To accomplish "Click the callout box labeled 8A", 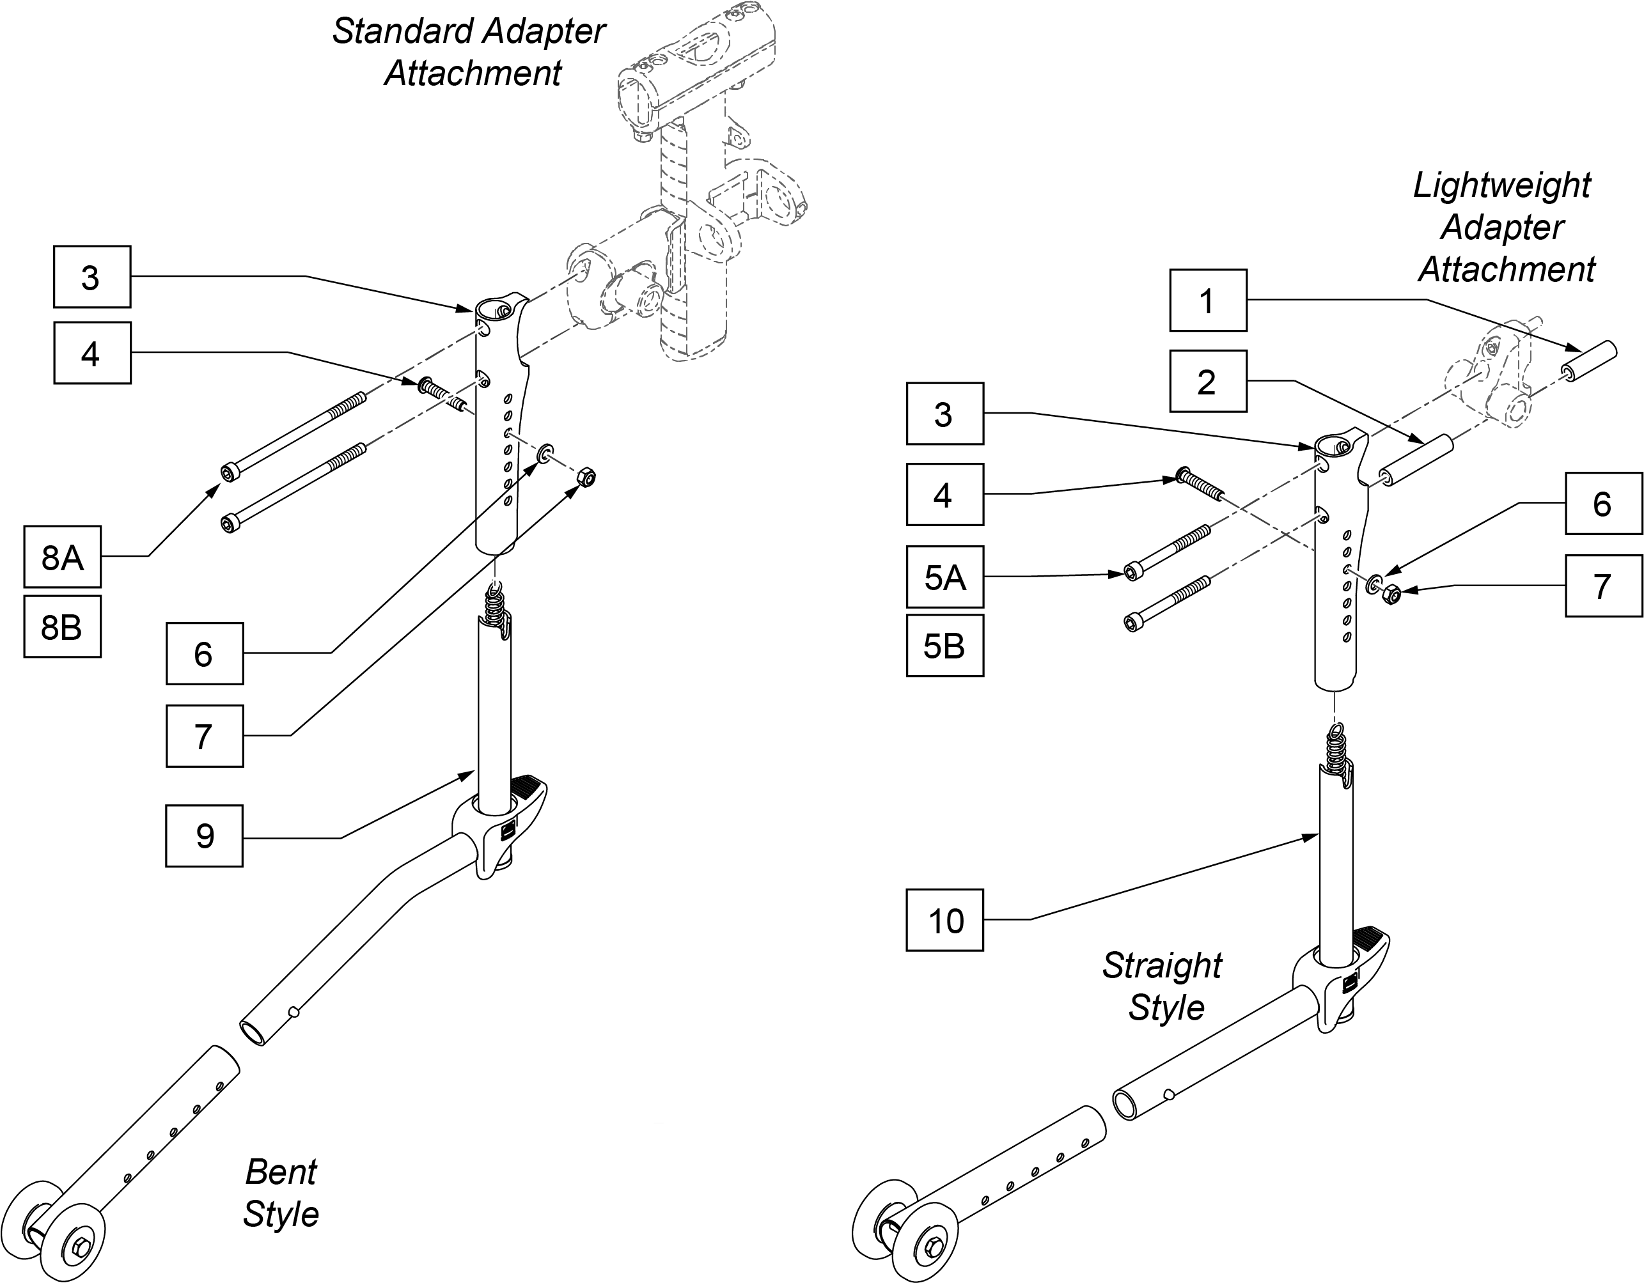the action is click(x=63, y=557).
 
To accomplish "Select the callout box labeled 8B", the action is click(x=63, y=627).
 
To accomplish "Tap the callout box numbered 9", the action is click(x=204, y=836).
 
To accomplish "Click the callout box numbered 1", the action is click(x=1208, y=300).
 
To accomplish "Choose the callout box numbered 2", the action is click(x=1208, y=381).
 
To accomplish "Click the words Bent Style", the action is click(x=281, y=1193).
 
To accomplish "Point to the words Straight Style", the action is click(x=1164, y=986).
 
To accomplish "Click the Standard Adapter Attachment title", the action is click(x=470, y=52).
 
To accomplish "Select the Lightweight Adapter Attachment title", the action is click(x=1504, y=227).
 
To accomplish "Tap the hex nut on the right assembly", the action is click(x=1392, y=595).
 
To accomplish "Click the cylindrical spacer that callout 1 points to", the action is click(x=1588, y=361).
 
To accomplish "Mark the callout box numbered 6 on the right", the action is click(x=1603, y=503).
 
